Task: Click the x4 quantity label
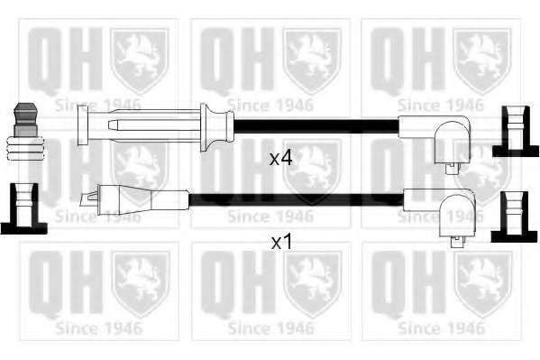coord(280,158)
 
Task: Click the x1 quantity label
coord(281,242)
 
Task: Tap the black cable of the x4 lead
coord(316,126)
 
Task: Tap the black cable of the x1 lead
coord(297,200)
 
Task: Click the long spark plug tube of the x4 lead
coord(144,125)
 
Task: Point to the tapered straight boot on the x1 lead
coord(143,199)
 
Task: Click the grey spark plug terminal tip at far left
coord(25,119)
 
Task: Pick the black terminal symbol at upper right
coord(515,132)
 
